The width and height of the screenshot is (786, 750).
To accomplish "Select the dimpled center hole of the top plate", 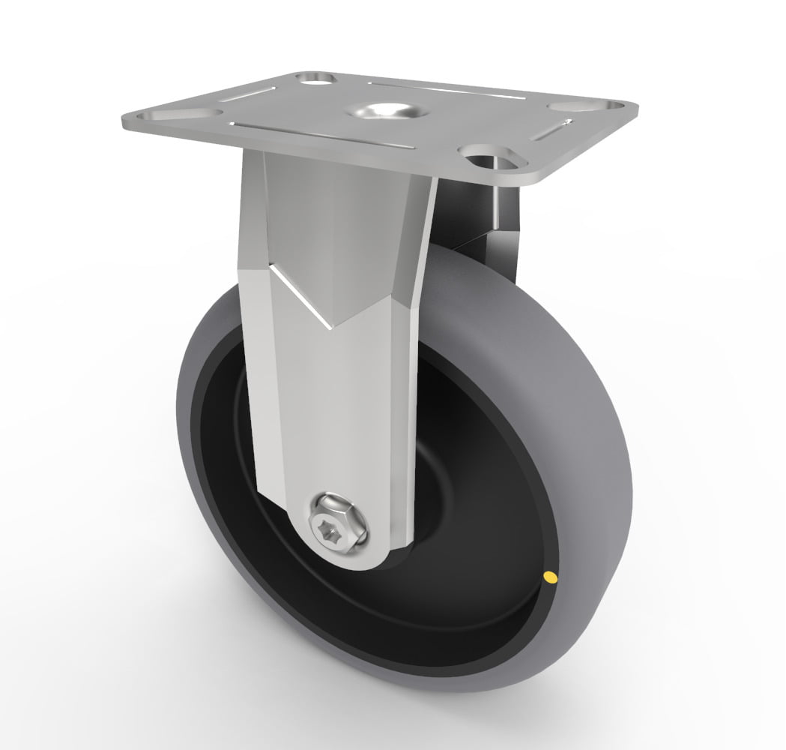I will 387,109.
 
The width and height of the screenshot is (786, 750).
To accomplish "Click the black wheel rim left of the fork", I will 217,450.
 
